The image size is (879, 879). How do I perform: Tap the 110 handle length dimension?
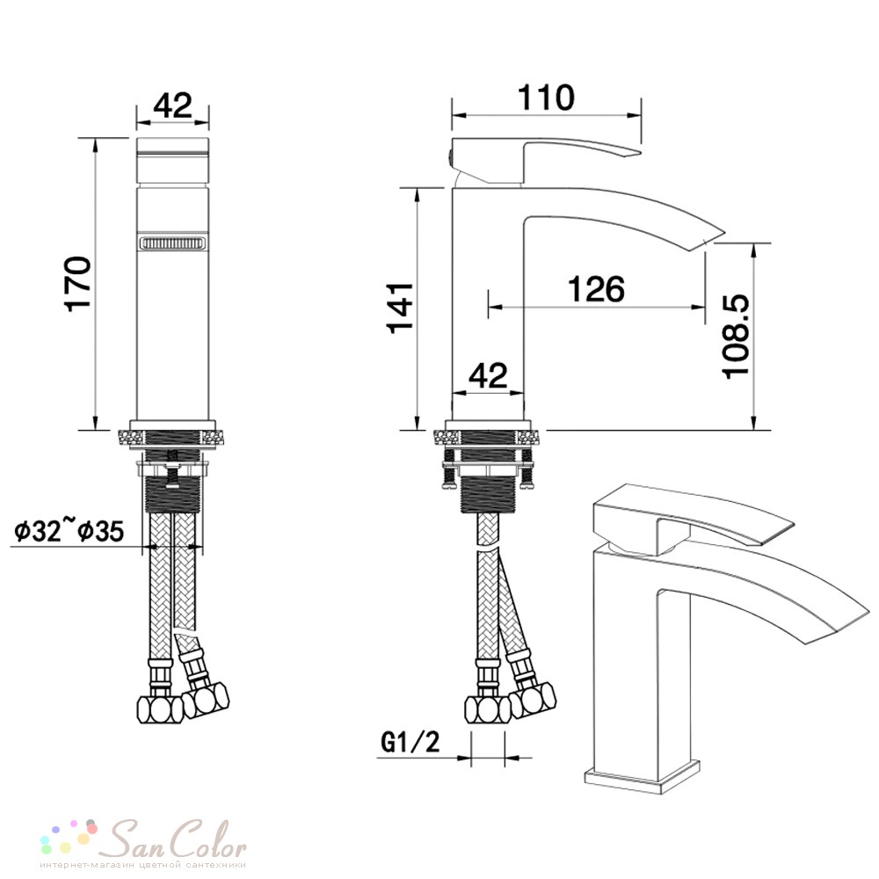(x=546, y=98)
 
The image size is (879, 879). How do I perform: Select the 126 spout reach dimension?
(x=596, y=289)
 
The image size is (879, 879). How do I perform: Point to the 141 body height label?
(x=402, y=308)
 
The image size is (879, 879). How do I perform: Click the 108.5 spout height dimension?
(x=736, y=337)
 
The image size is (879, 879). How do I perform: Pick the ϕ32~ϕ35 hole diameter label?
(x=69, y=530)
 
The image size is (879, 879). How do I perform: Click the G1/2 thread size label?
(x=410, y=742)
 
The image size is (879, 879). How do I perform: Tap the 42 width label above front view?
(x=172, y=105)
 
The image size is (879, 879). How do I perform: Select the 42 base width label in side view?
(x=488, y=375)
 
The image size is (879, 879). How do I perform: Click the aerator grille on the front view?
(x=172, y=244)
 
